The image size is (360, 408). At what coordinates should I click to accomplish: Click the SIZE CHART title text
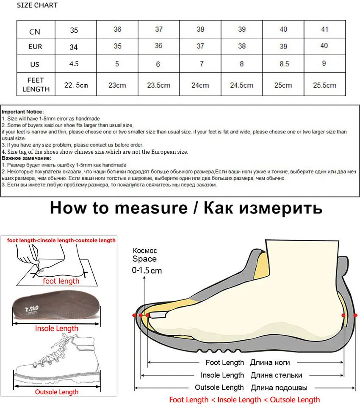click(x=37, y=6)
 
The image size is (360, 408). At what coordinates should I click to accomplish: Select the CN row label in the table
click(x=35, y=31)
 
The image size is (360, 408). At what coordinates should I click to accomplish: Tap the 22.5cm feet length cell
click(x=76, y=85)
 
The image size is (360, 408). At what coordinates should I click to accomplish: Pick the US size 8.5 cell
click(x=284, y=64)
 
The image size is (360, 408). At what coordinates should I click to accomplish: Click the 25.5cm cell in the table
click(x=324, y=85)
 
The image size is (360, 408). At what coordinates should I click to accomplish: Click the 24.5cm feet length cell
click(x=241, y=85)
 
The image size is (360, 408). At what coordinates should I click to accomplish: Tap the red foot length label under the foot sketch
click(x=61, y=281)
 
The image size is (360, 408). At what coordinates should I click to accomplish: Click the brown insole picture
click(x=56, y=308)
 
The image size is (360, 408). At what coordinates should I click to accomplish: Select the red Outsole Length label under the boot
click(x=56, y=392)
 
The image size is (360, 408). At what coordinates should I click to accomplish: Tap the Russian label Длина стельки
click(x=276, y=375)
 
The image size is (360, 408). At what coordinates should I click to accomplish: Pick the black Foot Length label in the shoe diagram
click(x=225, y=363)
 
